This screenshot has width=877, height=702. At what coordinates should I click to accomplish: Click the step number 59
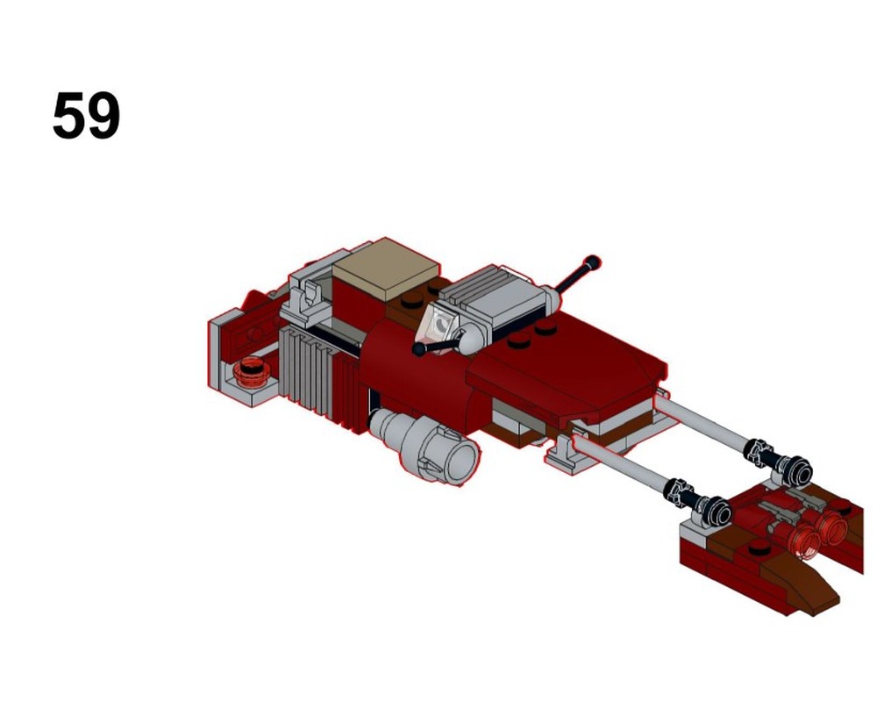pyautogui.click(x=86, y=116)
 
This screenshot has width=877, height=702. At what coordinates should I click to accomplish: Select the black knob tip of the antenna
pyautogui.click(x=594, y=261)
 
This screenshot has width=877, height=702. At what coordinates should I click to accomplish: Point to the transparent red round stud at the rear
pyautogui.click(x=253, y=369)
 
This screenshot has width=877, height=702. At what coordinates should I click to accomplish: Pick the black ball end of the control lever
pyautogui.click(x=420, y=350)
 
